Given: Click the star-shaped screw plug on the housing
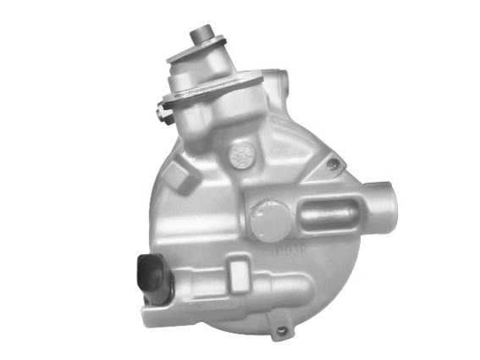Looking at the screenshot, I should tap(241, 155).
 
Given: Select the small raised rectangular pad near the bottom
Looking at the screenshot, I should tap(240, 273).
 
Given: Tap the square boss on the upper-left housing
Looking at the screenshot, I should tap(180, 177).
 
